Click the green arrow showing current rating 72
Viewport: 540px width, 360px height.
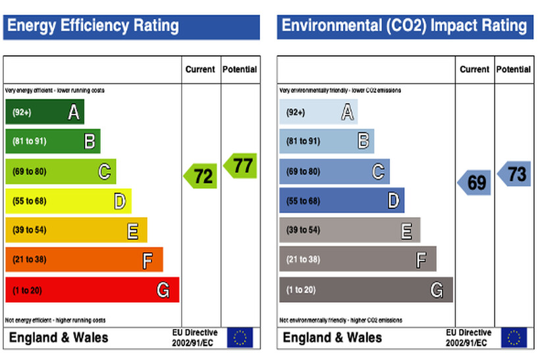click(201, 176)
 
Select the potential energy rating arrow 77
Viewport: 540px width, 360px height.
click(240, 165)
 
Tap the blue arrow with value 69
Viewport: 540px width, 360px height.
click(475, 182)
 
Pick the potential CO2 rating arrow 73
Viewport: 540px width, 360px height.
click(514, 174)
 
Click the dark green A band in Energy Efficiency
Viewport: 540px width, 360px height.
click(44, 113)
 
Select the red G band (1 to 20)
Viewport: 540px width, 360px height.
click(92, 290)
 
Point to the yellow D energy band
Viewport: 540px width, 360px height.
click(68, 201)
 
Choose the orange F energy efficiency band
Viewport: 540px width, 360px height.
click(84, 259)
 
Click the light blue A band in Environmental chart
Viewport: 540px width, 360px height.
click(318, 113)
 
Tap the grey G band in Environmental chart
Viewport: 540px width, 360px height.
click(365, 290)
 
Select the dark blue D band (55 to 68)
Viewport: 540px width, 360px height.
click(341, 201)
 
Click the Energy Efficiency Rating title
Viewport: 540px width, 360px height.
click(93, 26)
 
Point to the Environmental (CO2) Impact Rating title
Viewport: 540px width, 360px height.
click(404, 26)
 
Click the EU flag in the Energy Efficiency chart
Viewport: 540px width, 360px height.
click(240, 338)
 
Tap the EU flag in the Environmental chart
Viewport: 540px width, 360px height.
click(514, 338)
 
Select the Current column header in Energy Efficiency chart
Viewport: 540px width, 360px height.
click(200, 69)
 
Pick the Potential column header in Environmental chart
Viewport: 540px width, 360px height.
click(514, 69)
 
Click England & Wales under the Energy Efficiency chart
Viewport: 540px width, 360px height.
click(58, 338)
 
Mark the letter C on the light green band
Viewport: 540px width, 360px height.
click(104, 172)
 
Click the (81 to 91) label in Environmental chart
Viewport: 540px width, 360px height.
click(303, 141)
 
